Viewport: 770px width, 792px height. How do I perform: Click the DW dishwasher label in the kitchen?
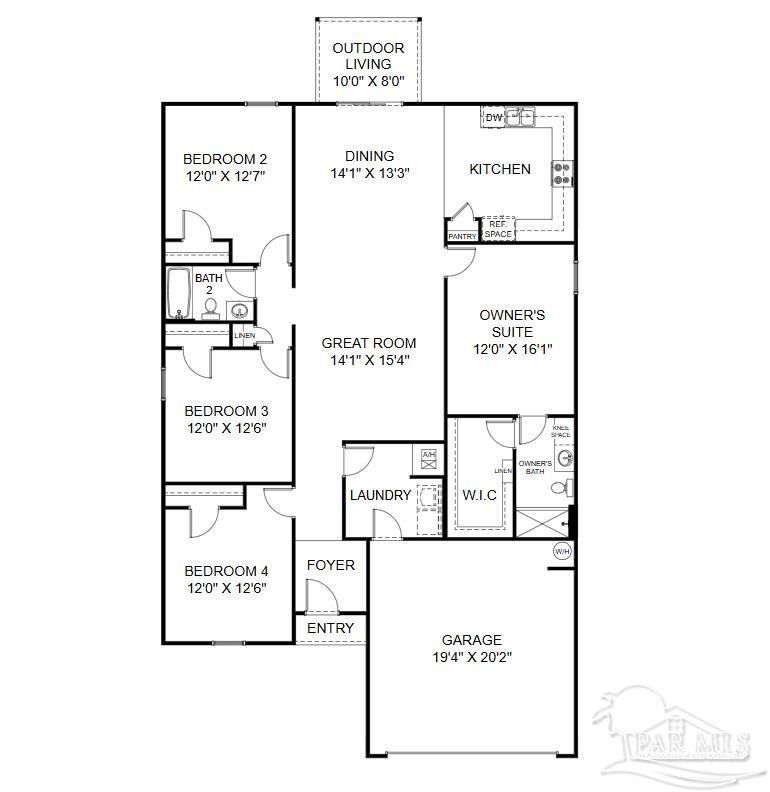coord(493,118)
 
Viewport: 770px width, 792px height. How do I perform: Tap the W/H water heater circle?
coord(561,550)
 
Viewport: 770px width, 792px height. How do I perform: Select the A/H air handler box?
coord(429,456)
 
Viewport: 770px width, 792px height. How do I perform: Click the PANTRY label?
coord(462,237)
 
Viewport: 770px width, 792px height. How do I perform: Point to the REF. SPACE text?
coord(498,229)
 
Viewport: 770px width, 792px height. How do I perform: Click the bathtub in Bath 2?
coord(180,293)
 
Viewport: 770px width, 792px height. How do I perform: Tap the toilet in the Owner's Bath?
coord(566,488)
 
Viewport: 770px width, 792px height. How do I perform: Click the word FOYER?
coord(330,565)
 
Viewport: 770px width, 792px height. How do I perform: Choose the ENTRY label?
coord(330,628)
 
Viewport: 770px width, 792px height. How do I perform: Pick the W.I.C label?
coord(480,495)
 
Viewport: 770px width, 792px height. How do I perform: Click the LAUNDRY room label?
coord(380,495)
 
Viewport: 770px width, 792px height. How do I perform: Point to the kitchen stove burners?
coord(562,174)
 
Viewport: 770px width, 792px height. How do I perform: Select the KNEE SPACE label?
coord(561,432)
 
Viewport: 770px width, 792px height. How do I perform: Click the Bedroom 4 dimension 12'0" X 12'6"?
coord(226,590)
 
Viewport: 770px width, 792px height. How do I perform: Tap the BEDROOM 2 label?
coord(225,158)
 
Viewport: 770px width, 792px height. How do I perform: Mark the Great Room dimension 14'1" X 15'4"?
coord(369,361)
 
